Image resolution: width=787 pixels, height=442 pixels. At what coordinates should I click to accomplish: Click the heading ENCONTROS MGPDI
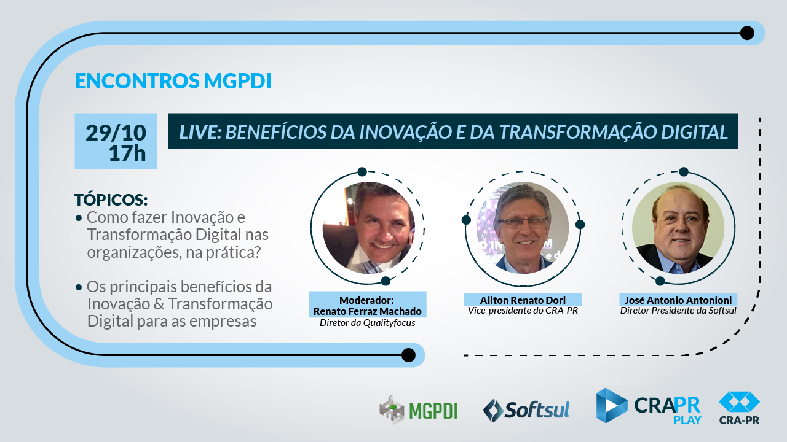coord(173,81)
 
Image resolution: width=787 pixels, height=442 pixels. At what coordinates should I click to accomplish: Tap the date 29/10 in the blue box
coord(116,133)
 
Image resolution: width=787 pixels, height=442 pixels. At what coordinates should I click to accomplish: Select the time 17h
coord(127,153)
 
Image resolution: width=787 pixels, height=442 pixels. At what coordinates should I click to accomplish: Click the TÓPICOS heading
coord(111,200)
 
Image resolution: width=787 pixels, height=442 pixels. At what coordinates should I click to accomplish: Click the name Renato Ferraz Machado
coord(368,311)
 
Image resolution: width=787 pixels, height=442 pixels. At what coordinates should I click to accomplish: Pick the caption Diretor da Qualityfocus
coord(368,323)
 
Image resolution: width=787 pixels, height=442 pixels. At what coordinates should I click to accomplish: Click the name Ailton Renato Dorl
coord(523,300)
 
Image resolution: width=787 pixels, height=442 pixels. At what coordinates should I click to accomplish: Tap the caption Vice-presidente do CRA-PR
coord(523,311)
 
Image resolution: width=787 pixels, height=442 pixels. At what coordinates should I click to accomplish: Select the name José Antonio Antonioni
coord(678,300)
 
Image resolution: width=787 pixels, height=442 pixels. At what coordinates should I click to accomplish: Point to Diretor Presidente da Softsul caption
coord(678,311)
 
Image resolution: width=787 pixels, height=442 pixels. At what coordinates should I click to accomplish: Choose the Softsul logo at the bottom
coord(526,409)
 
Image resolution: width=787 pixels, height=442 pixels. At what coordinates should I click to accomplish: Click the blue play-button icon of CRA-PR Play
coord(612,406)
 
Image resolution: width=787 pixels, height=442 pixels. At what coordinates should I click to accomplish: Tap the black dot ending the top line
coord(747,33)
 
